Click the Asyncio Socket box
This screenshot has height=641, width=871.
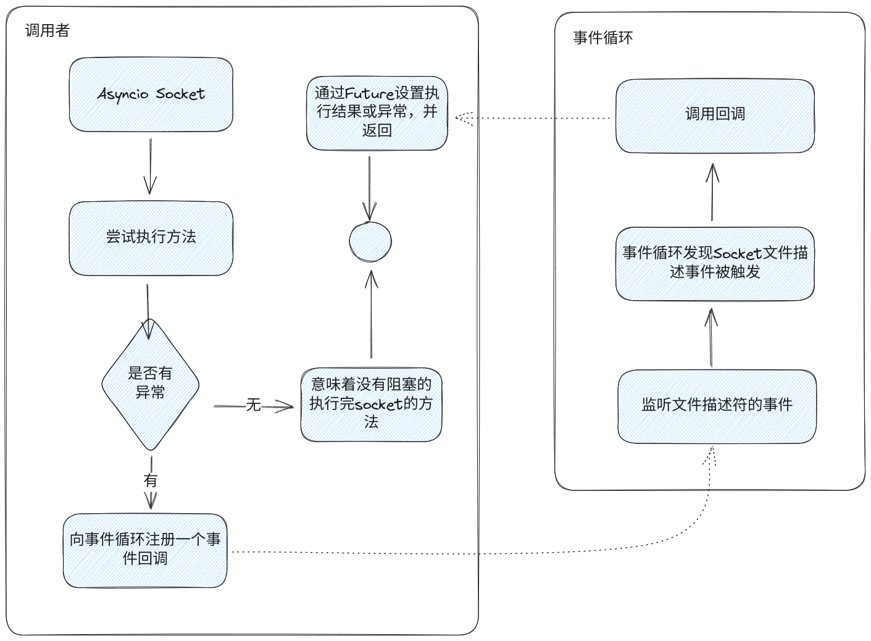pos(151,94)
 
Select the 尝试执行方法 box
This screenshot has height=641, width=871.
pos(151,238)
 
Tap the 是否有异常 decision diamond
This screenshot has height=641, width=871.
pos(151,384)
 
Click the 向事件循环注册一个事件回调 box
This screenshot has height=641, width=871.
pos(145,550)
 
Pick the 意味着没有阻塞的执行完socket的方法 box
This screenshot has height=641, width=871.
pos(372,404)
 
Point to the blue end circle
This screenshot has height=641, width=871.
pos(370,241)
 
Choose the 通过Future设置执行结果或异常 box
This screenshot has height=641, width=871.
pos(377,113)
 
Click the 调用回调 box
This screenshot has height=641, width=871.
pos(715,116)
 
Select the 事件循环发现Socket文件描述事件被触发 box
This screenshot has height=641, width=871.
pos(715,264)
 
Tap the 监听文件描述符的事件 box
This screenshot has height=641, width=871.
pos(717,406)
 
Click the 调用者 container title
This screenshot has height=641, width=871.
pos(48,30)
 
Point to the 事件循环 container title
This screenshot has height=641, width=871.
pos(602,38)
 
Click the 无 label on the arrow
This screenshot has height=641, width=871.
pos(253,405)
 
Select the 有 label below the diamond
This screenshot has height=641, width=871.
pos(151,480)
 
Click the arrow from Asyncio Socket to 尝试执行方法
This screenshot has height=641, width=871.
pos(150,166)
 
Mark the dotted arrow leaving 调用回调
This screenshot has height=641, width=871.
pos(533,118)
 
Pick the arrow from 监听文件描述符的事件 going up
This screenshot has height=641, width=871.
pos(711,337)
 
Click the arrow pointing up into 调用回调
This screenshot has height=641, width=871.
pos(712,192)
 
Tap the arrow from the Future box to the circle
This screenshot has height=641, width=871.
pos(369,188)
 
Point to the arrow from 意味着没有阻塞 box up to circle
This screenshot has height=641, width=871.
pos(372,314)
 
